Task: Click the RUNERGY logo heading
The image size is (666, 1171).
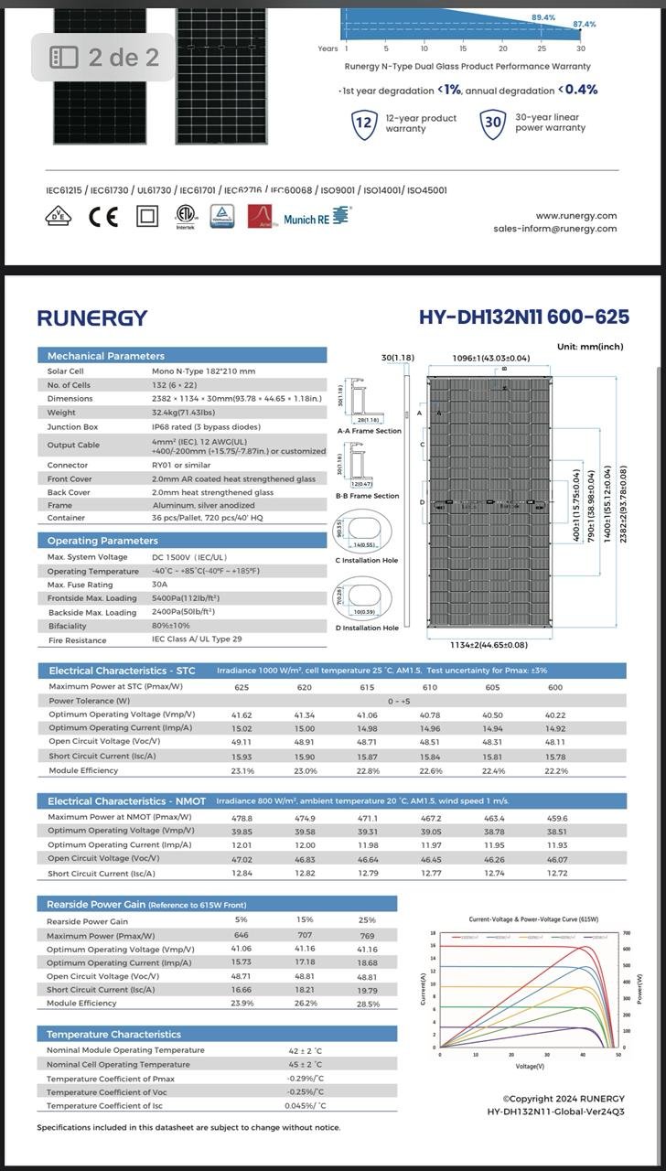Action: pyautogui.click(x=91, y=317)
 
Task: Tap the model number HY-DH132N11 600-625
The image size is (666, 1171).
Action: pyautogui.click(x=523, y=317)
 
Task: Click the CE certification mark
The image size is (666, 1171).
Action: pyautogui.click(x=103, y=217)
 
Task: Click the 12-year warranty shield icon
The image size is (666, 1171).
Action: pyautogui.click(x=364, y=124)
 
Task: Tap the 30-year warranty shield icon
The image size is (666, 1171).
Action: pyautogui.click(x=493, y=123)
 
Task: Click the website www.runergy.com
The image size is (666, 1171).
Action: pyautogui.click(x=576, y=216)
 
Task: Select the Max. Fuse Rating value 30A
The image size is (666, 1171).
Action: pyautogui.click(x=159, y=585)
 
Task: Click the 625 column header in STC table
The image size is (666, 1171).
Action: pyautogui.click(x=242, y=687)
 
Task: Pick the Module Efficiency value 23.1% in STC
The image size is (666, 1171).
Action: pyautogui.click(x=242, y=771)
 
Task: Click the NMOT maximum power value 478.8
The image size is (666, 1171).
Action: pyautogui.click(x=242, y=818)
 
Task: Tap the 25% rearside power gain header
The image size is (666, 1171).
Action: pyautogui.click(x=367, y=920)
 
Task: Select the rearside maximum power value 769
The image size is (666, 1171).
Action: pyautogui.click(x=367, y=936)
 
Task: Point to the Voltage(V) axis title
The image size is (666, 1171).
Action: pyautogui.click(x=530, y=1066)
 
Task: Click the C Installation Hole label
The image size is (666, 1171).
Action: pyautogui.click(x=367, y=560)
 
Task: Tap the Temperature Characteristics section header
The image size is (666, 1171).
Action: pyautogui.click(x=114, y=1034)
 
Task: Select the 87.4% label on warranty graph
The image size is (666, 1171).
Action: pyautogui.click(x=584, y=24)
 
